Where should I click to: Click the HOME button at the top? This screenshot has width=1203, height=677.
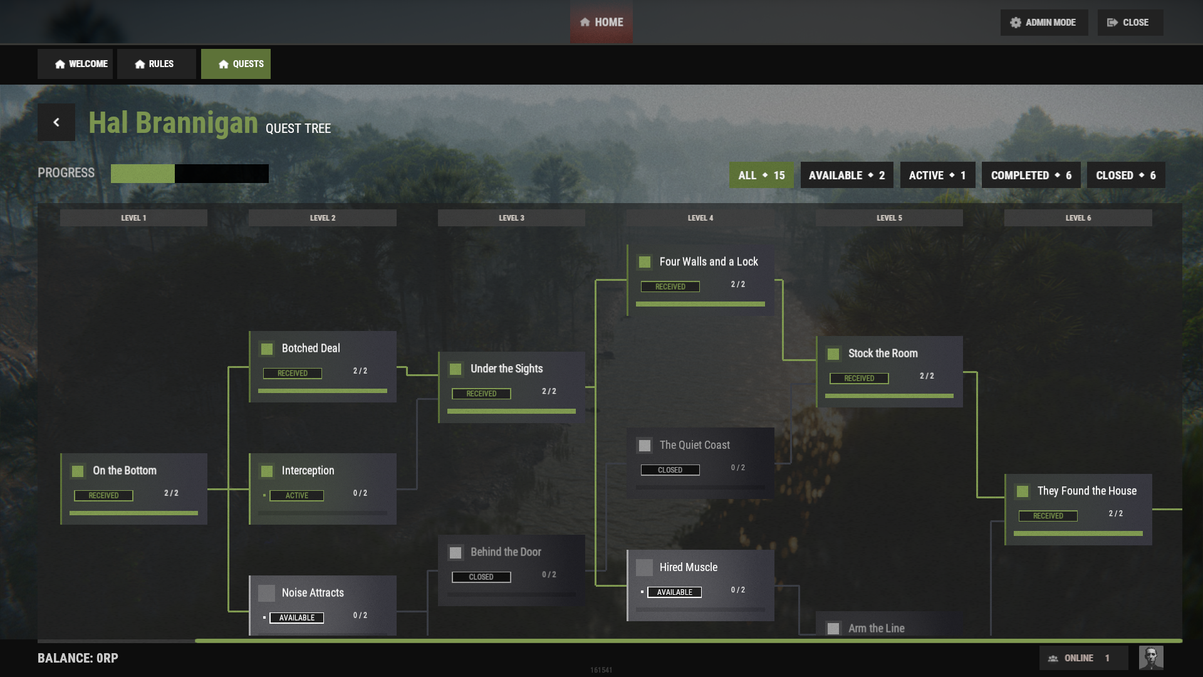pyautogui.click(x=601, y=23)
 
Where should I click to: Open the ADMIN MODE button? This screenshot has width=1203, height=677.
pyautogui.click(x=1044, y=23)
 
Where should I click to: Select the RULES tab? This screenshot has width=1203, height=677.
pyautogui.click(x=156, y=64)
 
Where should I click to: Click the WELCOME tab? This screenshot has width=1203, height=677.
pyautogui.click(x=75, y=64)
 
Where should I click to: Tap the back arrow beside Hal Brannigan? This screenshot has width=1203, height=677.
pyautogui.click(x=56, y=122)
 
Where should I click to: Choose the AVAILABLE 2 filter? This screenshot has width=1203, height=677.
pyautogui.click(x=846, y=176)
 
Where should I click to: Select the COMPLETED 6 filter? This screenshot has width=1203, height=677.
pyautogui.click(x=1031, y=176)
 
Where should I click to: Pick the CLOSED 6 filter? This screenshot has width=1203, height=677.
pyautogui.click(x=1126, y=176)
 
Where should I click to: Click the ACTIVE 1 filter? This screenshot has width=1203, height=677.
pyautogui.click(x=937, y=176)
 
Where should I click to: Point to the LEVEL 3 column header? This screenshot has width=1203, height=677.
pyautogui.click(x=511, y=218)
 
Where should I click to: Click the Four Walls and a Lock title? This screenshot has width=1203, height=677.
pyautogui.click(x=709, y=262)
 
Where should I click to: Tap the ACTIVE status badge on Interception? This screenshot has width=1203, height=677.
pyautogui.click(x=297, y=496)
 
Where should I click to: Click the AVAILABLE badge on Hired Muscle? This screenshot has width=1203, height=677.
pyautogui.click(x=675, y=592)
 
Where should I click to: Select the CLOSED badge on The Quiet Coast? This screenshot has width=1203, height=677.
pyautogui.click(x=670, y=470)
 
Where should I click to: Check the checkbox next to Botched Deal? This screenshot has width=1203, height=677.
pyautogui.click(x=267, y=349)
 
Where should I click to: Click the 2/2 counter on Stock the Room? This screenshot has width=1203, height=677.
pyautogui.click(x=927, y=376)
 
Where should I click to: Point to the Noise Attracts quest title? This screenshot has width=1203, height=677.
pyautogui.click(x=313, y=593)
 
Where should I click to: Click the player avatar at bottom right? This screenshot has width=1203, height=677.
pyautogui.click(x=1151, y=658)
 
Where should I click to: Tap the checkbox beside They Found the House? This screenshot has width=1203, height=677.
pyautogui.click(x=1023, y=491)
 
